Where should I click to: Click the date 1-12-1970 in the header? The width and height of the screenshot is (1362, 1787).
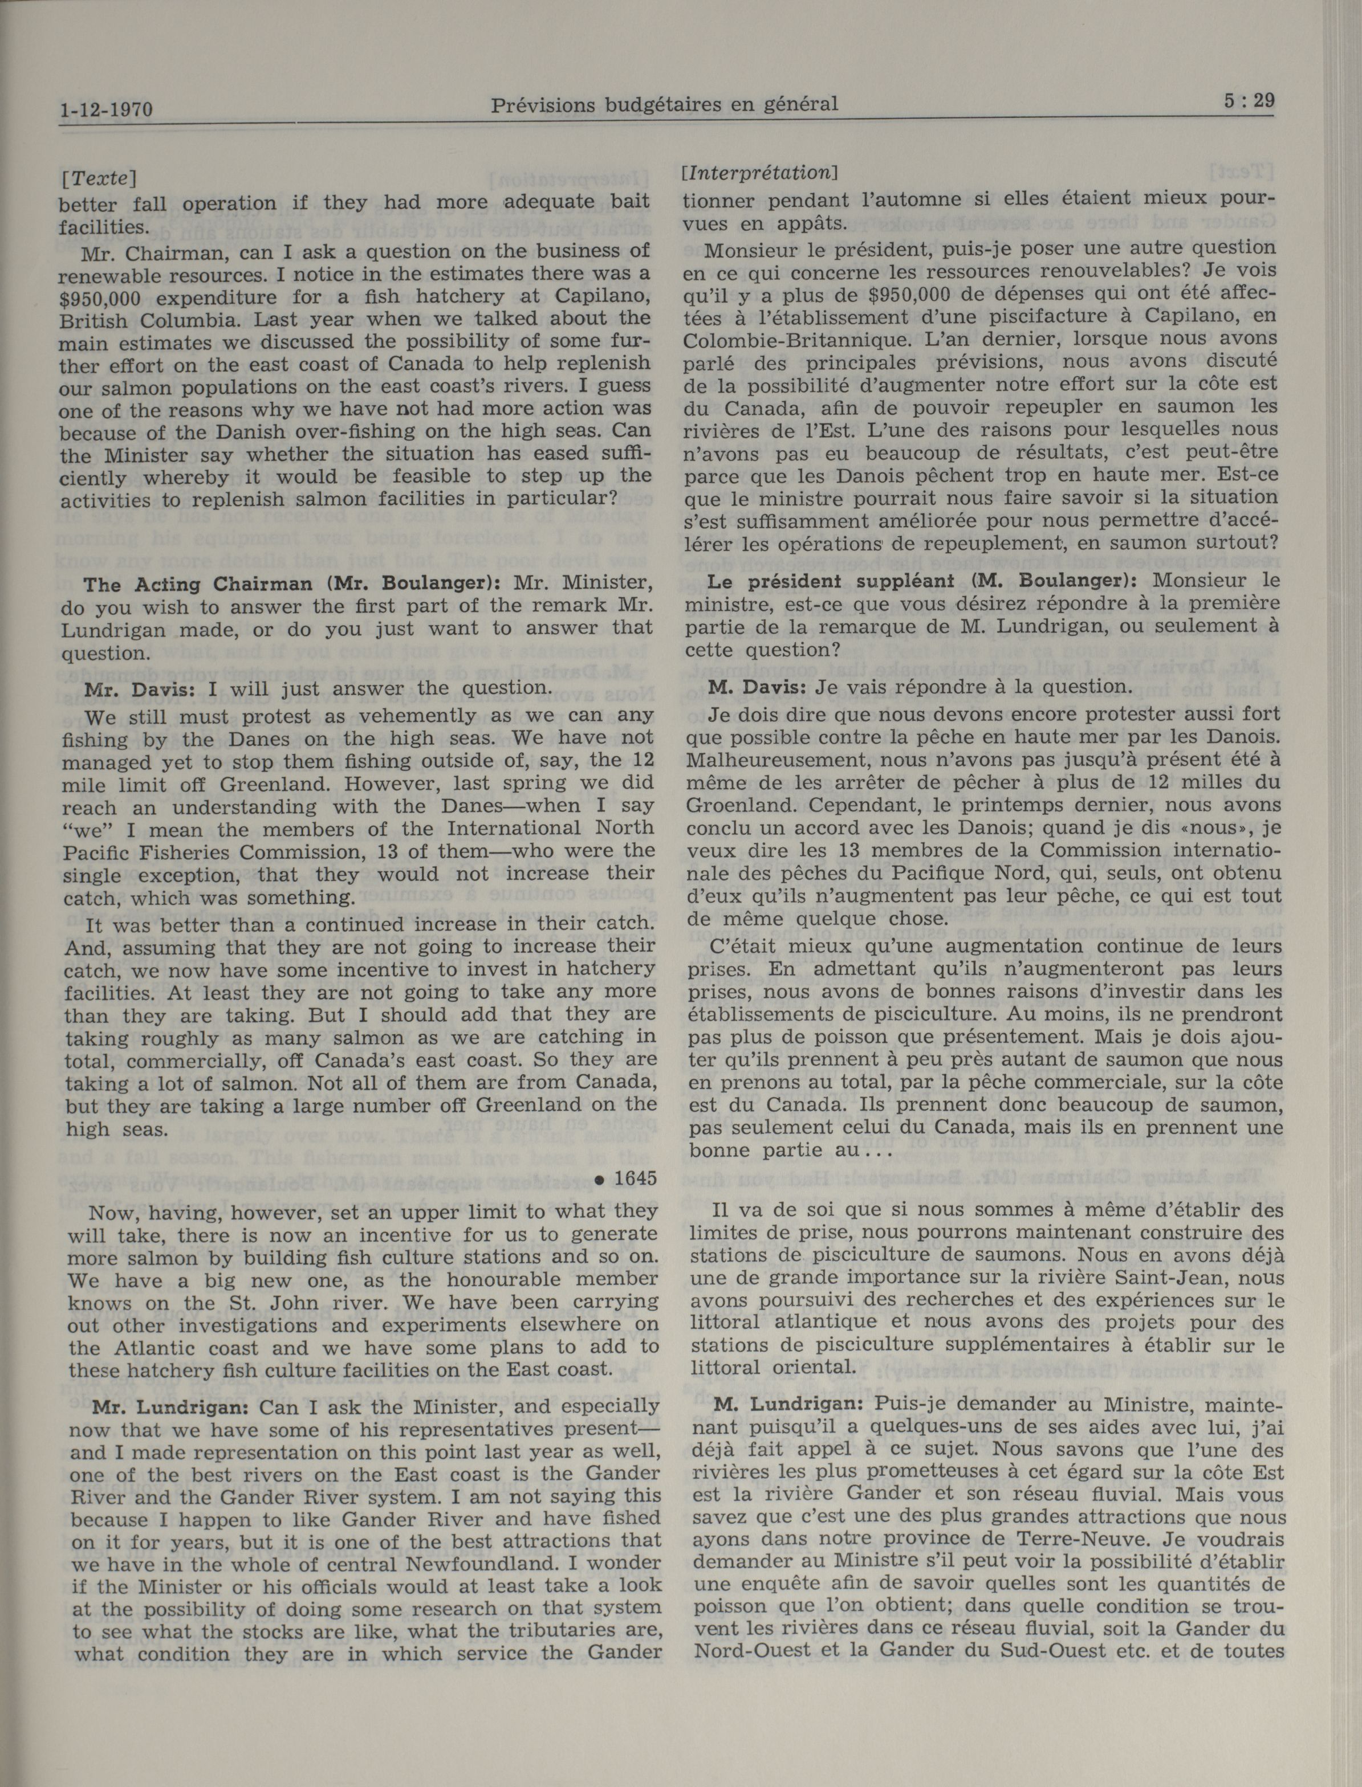click(105, 109)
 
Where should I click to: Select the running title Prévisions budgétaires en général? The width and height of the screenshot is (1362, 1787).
click(664, 104)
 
